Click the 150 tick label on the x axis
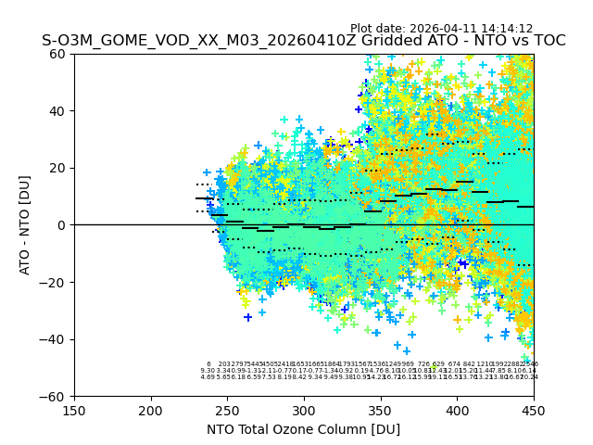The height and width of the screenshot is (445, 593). [x=74, y=410]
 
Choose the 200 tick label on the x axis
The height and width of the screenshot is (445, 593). [x=151, y=410]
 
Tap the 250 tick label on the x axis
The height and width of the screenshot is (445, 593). [x=227, y=410]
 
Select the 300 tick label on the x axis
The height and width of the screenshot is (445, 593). [x=304, y=410]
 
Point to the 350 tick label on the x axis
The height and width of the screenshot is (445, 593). [x=381, y=410]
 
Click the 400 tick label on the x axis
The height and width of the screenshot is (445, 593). [x=457, y=410]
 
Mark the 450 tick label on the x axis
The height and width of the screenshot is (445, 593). [x=534, y=410]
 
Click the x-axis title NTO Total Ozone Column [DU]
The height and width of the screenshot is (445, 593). [x=304, y=429]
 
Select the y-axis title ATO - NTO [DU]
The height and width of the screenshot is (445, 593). [x=25, y=225]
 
